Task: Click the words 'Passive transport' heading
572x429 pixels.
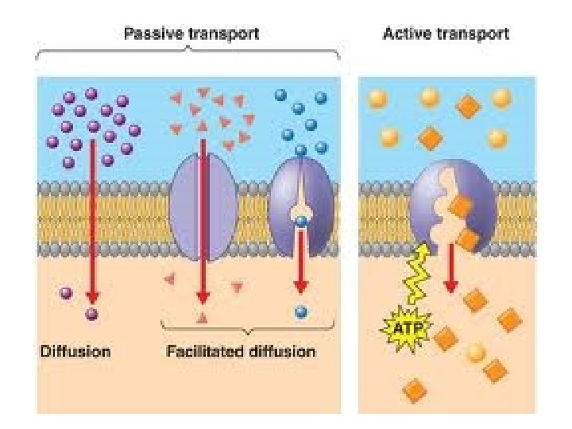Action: (191, 34)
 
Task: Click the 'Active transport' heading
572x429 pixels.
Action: (446, 34)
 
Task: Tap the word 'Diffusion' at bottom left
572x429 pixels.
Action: (75, 350)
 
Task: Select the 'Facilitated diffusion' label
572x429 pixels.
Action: (241, 350)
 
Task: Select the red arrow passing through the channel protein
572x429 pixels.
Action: (203, 222)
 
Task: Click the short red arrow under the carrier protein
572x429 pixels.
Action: (301, 262)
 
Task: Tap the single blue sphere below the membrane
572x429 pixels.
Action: (300, 311)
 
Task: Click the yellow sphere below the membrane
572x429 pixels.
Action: (475, 351)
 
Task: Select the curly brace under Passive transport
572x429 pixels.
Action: (188, 54)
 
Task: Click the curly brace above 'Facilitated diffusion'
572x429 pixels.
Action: (246, 328)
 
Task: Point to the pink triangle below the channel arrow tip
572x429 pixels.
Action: (202, 319)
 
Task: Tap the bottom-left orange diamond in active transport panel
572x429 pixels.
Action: (414, 390)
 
